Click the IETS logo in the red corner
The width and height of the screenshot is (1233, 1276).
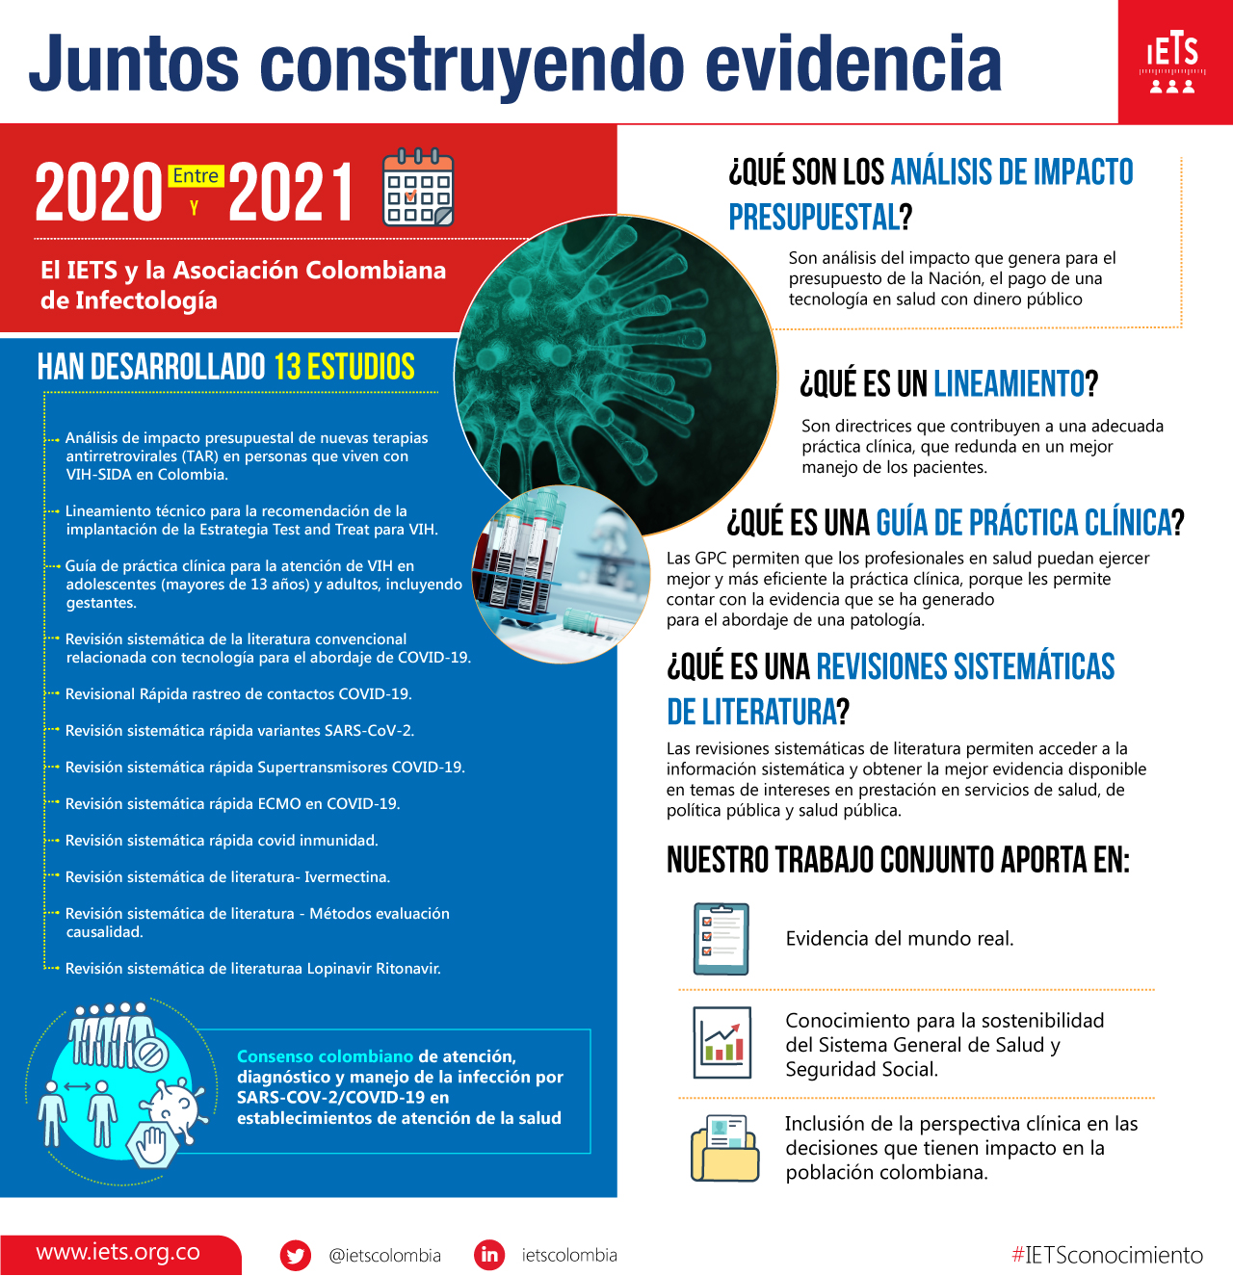[1172, 64]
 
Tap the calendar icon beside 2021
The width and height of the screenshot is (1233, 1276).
[418, 188]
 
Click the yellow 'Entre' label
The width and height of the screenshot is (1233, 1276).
[197, 176]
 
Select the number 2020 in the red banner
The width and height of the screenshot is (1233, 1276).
[98, 192]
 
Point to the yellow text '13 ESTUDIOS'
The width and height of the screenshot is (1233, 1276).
[344, 367]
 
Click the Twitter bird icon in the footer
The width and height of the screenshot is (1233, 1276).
[296, 1255]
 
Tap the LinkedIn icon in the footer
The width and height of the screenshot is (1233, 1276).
[489, 1255]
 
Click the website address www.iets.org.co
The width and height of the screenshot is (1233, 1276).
[118, 1253]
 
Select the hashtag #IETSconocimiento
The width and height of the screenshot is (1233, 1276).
[1107, 1255]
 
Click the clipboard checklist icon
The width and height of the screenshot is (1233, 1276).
[721, 939]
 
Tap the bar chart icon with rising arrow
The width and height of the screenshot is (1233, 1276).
[721, 1043]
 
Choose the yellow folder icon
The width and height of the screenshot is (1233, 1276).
[724, 1149]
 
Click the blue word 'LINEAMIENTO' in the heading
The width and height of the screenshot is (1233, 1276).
[1009, 384]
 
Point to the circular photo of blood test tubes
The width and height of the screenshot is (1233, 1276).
[561, 574]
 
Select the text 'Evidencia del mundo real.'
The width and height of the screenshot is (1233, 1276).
[900, 939]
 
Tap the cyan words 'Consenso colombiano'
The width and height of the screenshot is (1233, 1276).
[325, 1056]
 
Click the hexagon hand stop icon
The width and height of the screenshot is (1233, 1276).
[152, 1144]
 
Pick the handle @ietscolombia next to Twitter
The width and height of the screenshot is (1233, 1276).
[384, 1256]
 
